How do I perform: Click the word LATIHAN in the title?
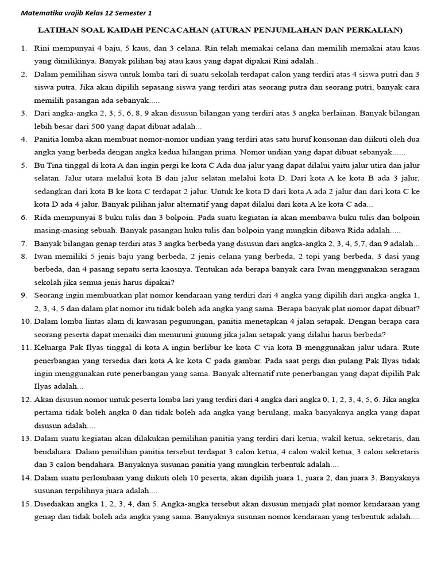click(x=58, y=29)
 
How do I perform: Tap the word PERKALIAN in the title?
click(x=374, y=29)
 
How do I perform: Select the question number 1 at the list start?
click(x=24, y=48)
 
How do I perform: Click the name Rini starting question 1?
click(x=43, y=48)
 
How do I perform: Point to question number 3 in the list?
click(x=24, y=113)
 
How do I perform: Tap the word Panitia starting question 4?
click(x=48, y=139)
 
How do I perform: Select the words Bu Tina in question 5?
click(x=50, y=165)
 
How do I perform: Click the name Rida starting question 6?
click(x=44, y=218)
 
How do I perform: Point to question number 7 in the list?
click(x=24, y=243)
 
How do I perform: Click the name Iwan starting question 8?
click(x=44, y=256)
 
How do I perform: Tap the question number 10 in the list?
click(x=26, y=322)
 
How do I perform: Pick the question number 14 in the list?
click(x=26, y=478)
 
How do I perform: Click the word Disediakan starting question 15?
click(x=56, y=504)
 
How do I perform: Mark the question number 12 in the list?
click(x=26, y=400)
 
